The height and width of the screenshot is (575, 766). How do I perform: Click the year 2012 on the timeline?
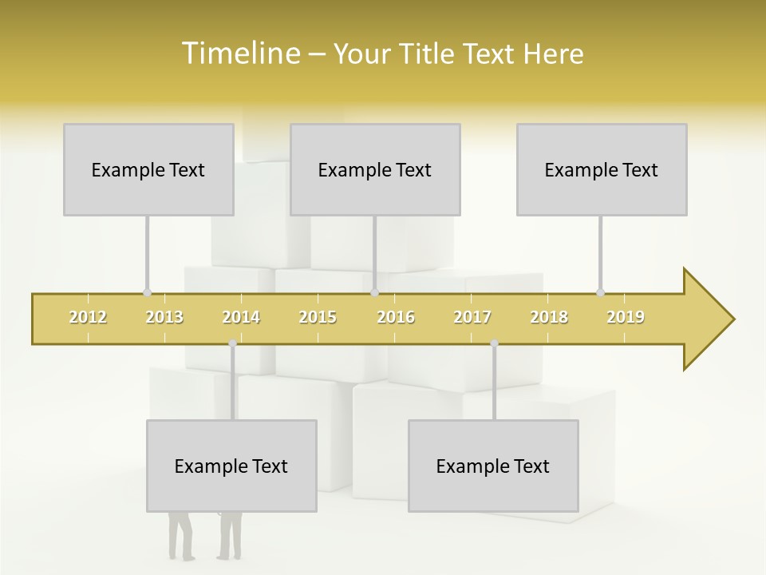click(88, 317)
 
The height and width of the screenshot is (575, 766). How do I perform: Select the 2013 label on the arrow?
click(164, 317)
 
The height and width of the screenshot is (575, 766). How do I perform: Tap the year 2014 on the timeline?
click(241, 317)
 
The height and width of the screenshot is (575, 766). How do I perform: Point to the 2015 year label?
click(318, 317)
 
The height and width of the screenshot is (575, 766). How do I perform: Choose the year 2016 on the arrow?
click(396, 317)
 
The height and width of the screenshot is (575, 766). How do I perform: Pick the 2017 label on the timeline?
click(472, 317)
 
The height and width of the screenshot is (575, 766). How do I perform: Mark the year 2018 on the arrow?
click(549, 317)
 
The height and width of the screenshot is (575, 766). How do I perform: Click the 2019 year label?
click(626, 317)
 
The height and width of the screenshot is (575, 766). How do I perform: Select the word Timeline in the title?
click(240, 54)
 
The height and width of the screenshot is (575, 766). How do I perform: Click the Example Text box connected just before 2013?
click(148, 170)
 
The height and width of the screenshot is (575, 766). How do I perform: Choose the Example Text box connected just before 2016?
click(375, 170)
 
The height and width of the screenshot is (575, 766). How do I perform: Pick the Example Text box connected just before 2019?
click(602, 170)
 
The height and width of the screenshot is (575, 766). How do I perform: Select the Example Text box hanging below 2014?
click(231, 466)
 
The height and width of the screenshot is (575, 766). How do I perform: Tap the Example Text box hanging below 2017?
click(493, 466)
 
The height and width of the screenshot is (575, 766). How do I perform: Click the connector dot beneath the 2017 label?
click(494, 343)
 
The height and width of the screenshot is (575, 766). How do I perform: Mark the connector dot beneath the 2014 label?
click(232, 343)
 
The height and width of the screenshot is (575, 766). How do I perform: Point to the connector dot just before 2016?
click(374, 293)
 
